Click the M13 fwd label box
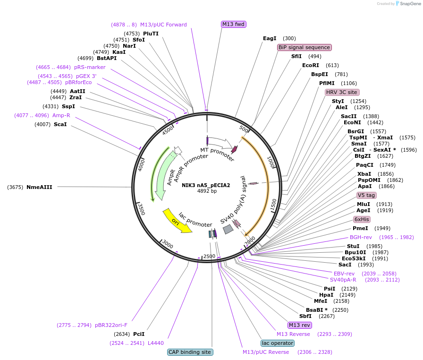234,24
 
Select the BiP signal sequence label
304,47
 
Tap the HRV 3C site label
342,92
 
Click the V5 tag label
366,195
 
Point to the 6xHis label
362,219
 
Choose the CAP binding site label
190,352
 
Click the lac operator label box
277,343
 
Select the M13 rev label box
300,325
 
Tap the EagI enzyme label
270,38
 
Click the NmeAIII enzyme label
39,187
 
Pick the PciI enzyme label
138,334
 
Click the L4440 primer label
156,343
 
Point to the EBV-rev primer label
344,274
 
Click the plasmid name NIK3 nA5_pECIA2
206,185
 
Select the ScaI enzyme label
60,124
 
